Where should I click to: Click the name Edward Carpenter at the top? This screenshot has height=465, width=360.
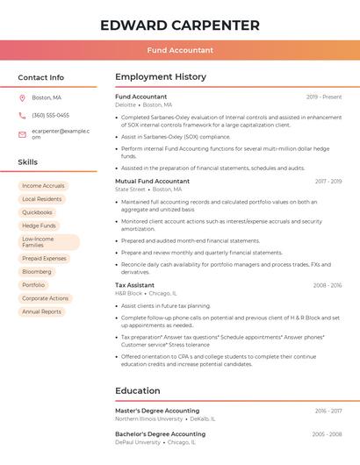pos(180,25)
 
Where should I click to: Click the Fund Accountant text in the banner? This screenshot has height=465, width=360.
pos(180,50)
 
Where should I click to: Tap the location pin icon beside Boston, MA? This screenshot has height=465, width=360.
pos(22,97)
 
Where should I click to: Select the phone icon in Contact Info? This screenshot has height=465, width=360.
pos(22,115)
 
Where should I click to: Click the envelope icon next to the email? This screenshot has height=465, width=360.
pos(22,134)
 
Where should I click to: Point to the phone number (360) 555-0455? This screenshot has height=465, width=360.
pos(50,115)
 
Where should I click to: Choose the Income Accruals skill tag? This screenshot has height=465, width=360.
pos(43,186)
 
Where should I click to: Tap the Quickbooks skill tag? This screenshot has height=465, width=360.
pos(37,212)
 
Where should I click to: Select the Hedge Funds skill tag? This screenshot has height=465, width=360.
pos(39,225)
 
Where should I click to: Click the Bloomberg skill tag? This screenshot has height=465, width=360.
pos(37,272)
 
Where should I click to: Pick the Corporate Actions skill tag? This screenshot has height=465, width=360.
pos(45,298)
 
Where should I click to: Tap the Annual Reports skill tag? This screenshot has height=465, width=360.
pos(41,311)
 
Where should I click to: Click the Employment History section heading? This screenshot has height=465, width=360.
pos(161,77)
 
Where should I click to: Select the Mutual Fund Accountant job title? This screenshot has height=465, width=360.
pos(152,181)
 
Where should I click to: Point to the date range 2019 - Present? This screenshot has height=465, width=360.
pos(324,97)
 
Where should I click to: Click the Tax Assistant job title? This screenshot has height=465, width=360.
pos(134,285)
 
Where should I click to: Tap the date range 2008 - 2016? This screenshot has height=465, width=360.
pos(327,285)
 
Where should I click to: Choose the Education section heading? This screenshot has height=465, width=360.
pos(138,391)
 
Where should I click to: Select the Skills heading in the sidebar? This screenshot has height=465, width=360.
pos(28,162)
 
